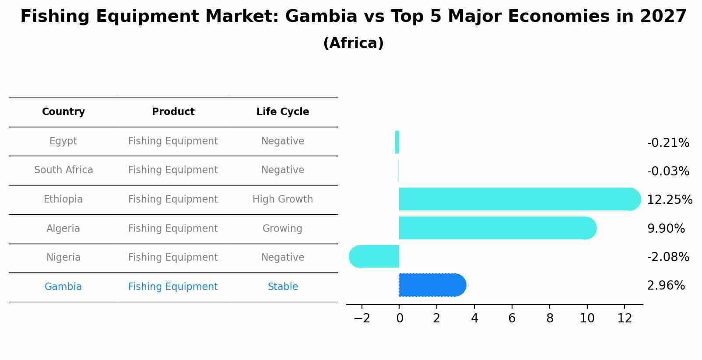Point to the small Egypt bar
click(397, 142)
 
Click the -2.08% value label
click(668, 257)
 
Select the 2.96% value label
click(666, 286)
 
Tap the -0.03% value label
click(668, 171)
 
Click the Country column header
click(63, 112)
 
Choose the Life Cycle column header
click(283, 112)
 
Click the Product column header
click(173, 112)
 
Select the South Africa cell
click(63, 170)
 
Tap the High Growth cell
click(283, 199)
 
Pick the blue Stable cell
click(283, 287)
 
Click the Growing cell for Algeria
click(282, 229)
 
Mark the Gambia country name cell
click(63, 287)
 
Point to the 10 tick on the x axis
click(587, 318)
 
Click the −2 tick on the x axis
click(362, 318)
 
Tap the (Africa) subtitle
click(353, 43)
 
